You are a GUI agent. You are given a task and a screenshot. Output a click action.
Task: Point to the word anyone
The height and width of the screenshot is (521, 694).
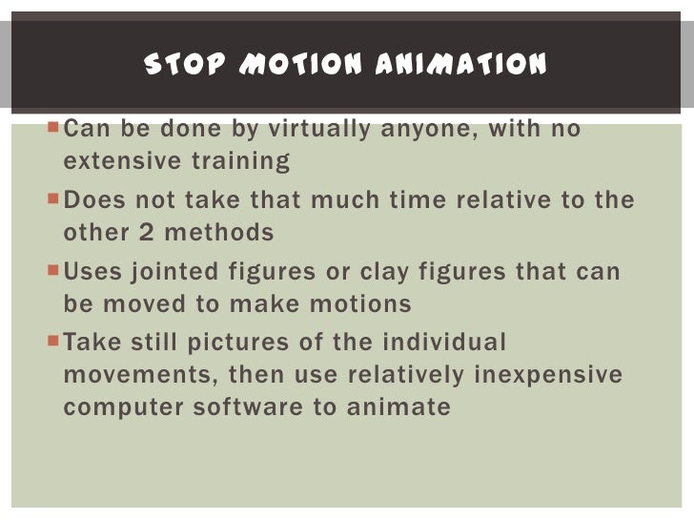428,129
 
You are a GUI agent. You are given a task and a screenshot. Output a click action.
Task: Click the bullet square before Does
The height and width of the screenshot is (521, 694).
53,199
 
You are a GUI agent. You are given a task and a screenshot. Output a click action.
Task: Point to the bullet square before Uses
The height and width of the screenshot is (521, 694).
53,271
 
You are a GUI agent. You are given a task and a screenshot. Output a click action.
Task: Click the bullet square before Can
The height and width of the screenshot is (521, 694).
53,128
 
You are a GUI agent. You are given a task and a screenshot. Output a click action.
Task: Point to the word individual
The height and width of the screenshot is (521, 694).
444,343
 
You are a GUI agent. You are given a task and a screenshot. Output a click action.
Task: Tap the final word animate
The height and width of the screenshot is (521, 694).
399,406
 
